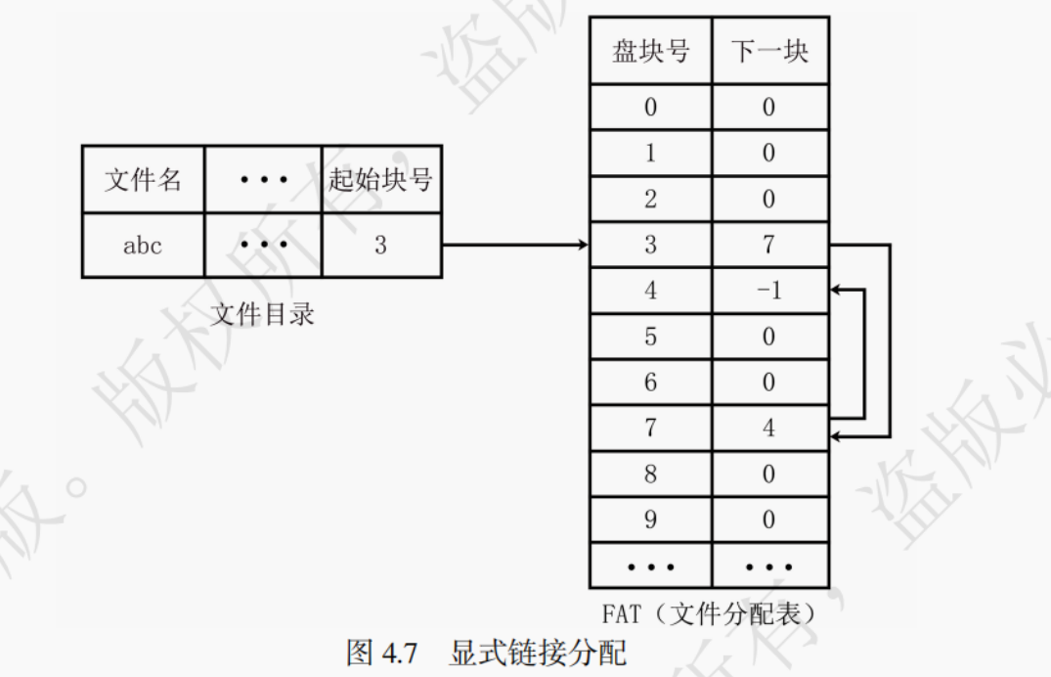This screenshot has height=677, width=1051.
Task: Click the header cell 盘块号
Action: coord(650,51)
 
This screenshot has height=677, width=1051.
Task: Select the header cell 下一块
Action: coord(769,51)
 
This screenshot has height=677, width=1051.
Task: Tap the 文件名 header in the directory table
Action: coord(143,179)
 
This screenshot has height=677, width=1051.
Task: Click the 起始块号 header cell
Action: coord(380,179)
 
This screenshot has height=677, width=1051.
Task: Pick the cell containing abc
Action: coord(143,245)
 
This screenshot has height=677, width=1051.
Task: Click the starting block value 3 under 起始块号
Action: coord(380,245)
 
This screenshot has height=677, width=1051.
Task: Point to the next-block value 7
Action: coord(769,245)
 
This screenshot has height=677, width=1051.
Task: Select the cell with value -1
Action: coord(769,291)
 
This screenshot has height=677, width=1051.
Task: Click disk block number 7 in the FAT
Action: coord(650,429)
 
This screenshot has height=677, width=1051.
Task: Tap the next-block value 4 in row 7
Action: coord(769,429)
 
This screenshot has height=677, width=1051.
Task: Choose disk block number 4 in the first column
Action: coord(650,291)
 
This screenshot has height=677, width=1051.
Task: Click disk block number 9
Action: coord(650,519)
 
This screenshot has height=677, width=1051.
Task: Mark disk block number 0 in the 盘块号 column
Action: coord(650,107)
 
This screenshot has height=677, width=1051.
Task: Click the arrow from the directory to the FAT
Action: coord(513,245)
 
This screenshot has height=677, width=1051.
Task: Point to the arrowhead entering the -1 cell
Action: coord(836,290)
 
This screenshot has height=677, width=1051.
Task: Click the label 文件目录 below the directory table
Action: coord(263,314)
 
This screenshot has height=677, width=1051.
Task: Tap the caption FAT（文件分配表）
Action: coord(709,614)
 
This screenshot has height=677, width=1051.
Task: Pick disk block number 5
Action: coord(650,337)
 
